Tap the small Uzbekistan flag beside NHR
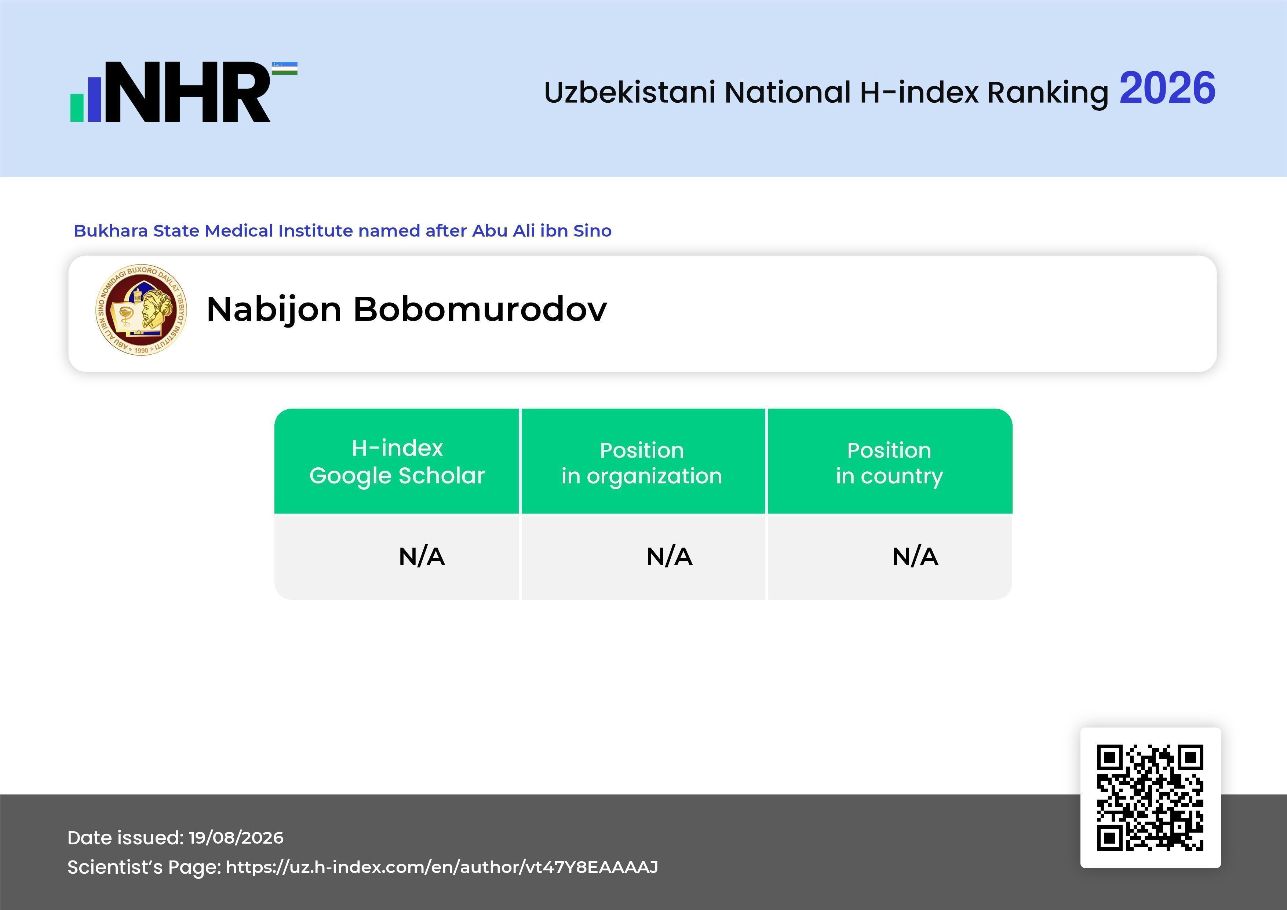click(x=285, y=68)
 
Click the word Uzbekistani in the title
click(x=630, y=92)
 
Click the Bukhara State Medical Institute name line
click(x=343, y=231)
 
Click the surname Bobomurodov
click(x=480, y=309)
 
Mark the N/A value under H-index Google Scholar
click(x=422, y=556)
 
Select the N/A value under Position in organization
click(x=669, y=556)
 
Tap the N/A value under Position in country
click(x=915, y=556)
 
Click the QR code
click(x=1150, y=797)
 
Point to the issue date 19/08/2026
click(x=236, y=838)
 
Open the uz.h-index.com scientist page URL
click(x=442, y=867)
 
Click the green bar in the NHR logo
click(x=77, y=107)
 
